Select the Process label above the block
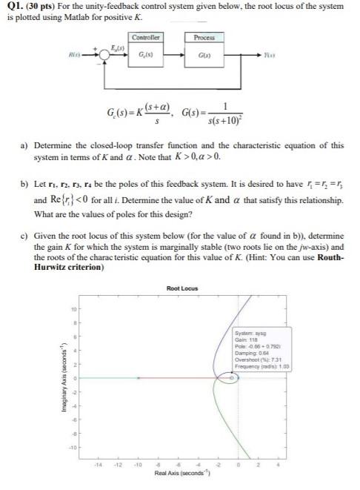[x=203, y=36]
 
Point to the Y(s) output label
[x=280, y=54]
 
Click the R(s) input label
[x=73, y=54]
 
